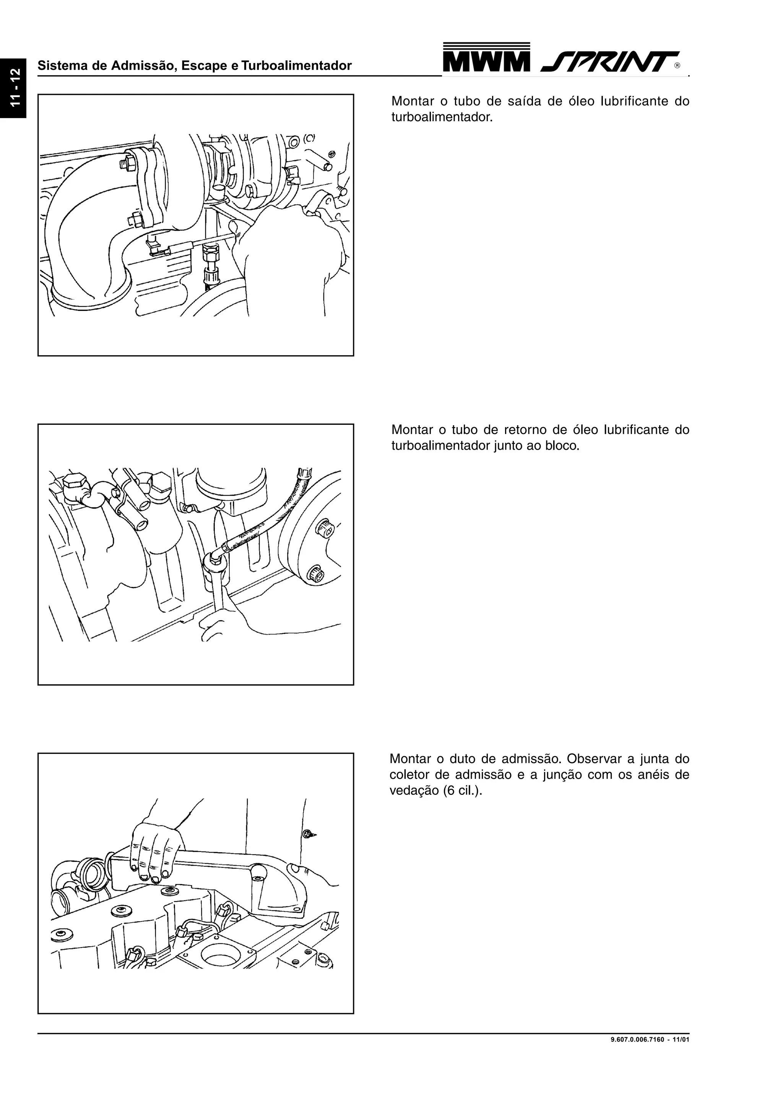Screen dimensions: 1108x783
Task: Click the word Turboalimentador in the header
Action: click(x=296, y=66)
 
